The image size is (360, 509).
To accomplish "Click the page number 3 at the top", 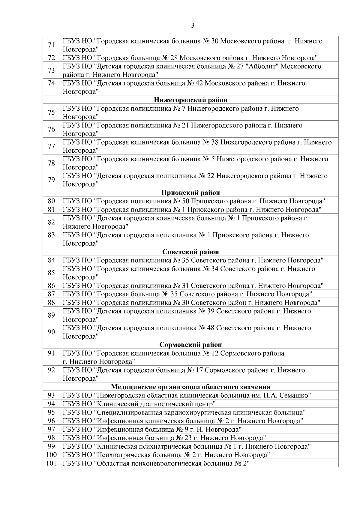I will [193, 26].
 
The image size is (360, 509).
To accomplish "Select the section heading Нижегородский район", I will [190, 100].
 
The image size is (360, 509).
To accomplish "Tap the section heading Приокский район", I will [190, 193].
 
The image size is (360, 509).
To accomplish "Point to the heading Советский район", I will [190, 252].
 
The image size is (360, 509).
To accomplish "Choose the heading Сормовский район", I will [190, 345].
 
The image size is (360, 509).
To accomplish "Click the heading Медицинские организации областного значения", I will [190, 387].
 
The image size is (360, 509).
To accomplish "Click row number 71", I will [51, 45].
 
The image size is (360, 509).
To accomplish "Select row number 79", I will [51, 180].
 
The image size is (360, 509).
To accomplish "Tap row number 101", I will [51, 463].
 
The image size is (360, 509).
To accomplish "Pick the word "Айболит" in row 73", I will [263, 66].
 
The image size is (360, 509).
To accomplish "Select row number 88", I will [51, 302].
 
